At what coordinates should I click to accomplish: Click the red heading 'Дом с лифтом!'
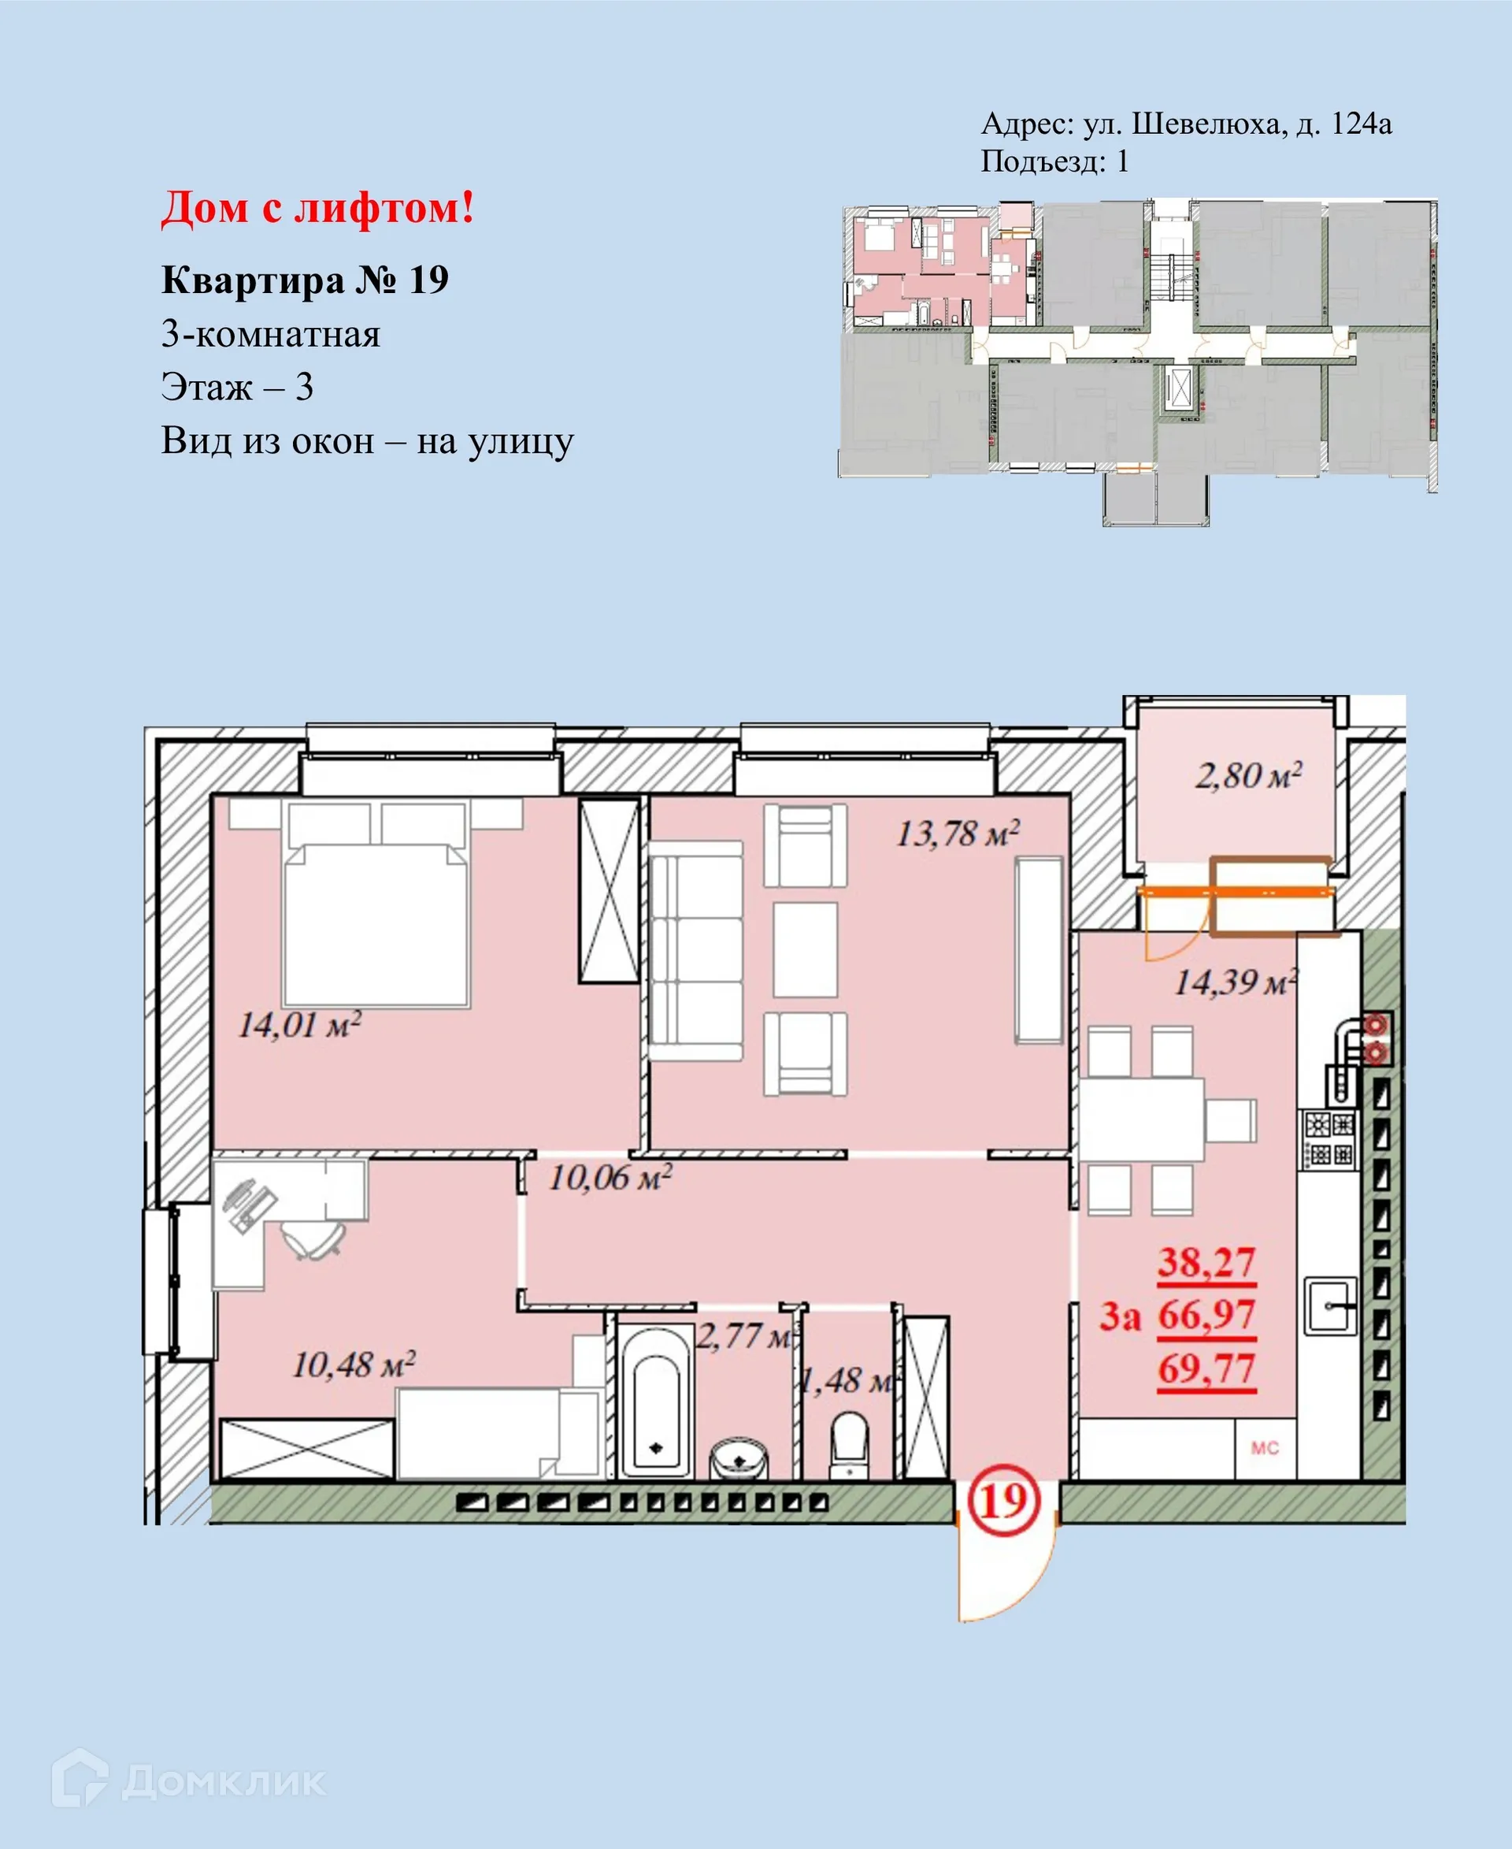pos(318,209)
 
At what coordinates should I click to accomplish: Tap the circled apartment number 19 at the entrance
pos(1004,1502)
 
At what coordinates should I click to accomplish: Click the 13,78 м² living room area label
pos(958,834)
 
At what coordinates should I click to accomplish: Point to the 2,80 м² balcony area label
pos(1248,775)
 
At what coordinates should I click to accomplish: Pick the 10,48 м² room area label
pos(354,1364)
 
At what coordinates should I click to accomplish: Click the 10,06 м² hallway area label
pos(610,1178)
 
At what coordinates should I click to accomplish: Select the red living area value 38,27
pos(1206,1263)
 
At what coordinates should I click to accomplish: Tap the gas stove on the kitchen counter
pos(1329,1139)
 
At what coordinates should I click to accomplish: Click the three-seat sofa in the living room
pos(696,951)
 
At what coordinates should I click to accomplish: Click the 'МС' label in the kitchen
pos(1265,1448)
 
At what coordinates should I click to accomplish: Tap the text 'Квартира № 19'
pos(305,280)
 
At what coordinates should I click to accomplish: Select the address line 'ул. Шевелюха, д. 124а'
pos(1237,124)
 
